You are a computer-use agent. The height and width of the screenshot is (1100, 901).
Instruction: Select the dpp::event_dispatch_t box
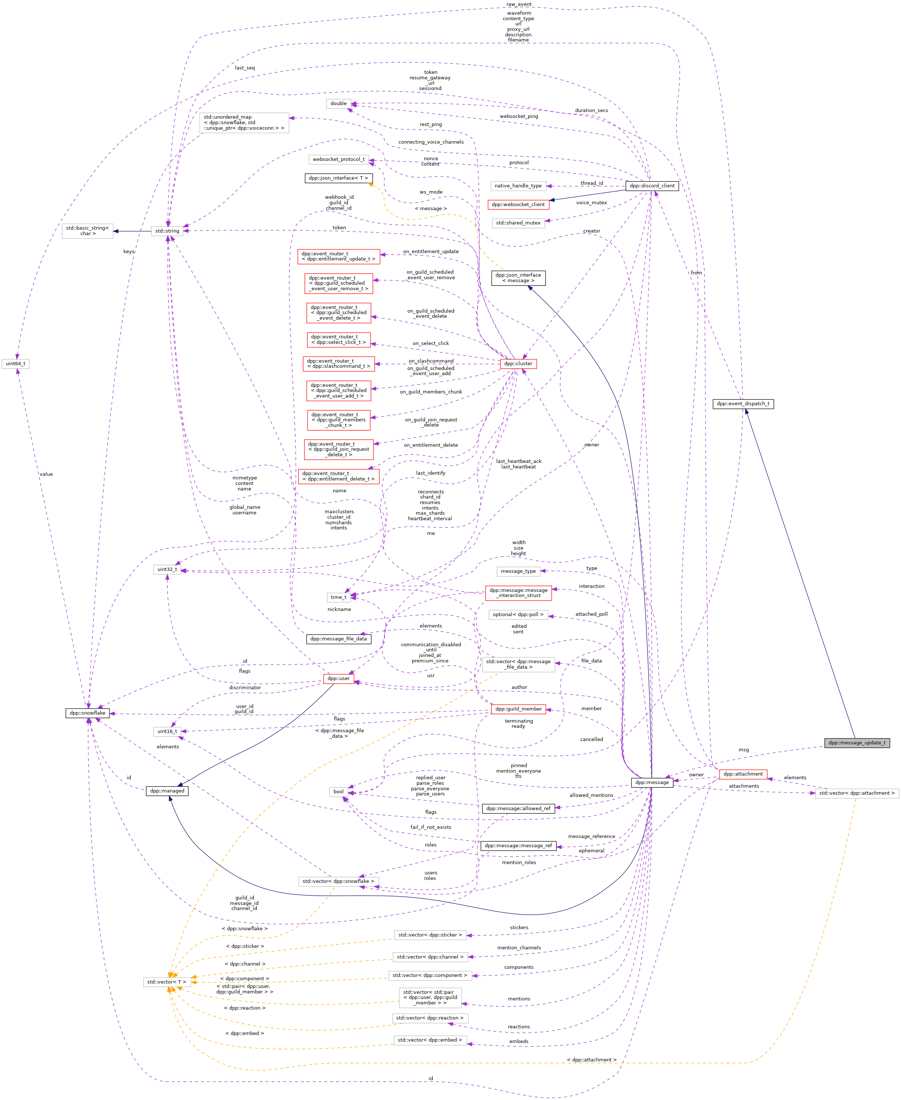point(743,404)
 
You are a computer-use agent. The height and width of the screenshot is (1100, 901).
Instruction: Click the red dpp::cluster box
point(518,364)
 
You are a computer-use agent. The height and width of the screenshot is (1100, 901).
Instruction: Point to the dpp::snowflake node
point(88,713)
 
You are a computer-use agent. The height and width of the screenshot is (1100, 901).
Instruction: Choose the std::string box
point(167,231)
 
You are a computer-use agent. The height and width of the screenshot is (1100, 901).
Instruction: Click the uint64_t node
point(15,364)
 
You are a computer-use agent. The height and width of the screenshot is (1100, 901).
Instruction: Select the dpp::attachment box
point(743,774)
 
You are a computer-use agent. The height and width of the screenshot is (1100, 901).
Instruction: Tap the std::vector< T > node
point(166,982)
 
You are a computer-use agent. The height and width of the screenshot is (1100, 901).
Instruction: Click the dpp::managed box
point(167,791)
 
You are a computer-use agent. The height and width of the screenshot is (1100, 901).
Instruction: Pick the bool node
point(338,792)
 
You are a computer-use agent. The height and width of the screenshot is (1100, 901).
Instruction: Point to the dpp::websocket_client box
point(518,205)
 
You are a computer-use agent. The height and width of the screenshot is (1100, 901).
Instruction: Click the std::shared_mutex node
point(518,223)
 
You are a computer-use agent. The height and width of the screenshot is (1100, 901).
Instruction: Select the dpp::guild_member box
point(518,709)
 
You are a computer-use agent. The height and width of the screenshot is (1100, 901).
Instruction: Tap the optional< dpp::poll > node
point(518,615)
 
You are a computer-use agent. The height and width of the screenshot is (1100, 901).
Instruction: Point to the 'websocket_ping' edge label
point(519,116)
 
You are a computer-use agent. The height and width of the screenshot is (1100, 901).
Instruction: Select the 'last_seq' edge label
point(245,68)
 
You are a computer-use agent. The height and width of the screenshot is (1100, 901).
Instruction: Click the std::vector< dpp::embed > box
point(430,1040)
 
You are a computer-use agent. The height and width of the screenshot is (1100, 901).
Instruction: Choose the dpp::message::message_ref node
point(518,846)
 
